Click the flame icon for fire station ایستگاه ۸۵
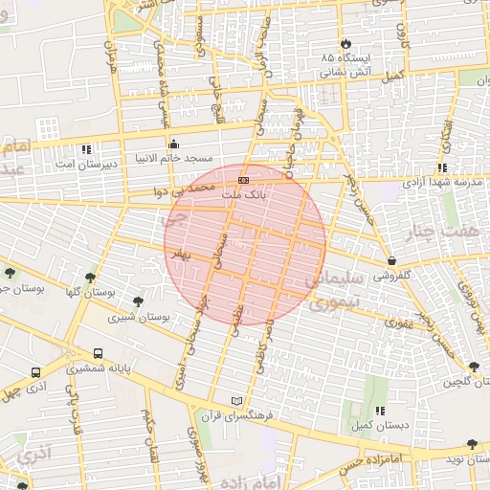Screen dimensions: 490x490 point(345,44)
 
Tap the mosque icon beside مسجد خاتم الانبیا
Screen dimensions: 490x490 point(173,145)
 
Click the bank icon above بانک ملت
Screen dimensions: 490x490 point(244,180)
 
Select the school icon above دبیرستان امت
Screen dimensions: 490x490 point(87,149)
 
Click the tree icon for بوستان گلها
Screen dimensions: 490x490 point(90,278)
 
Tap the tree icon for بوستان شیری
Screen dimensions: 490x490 point(139,301)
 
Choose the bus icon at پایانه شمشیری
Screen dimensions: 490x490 point(100,353)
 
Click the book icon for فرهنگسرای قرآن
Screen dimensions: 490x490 point(237,400)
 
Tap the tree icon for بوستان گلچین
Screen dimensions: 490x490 point(473,367)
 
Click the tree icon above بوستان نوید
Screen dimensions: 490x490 point(472,444)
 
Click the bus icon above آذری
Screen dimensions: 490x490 point(36,372)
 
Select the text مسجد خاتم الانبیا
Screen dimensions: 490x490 point(202,158)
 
